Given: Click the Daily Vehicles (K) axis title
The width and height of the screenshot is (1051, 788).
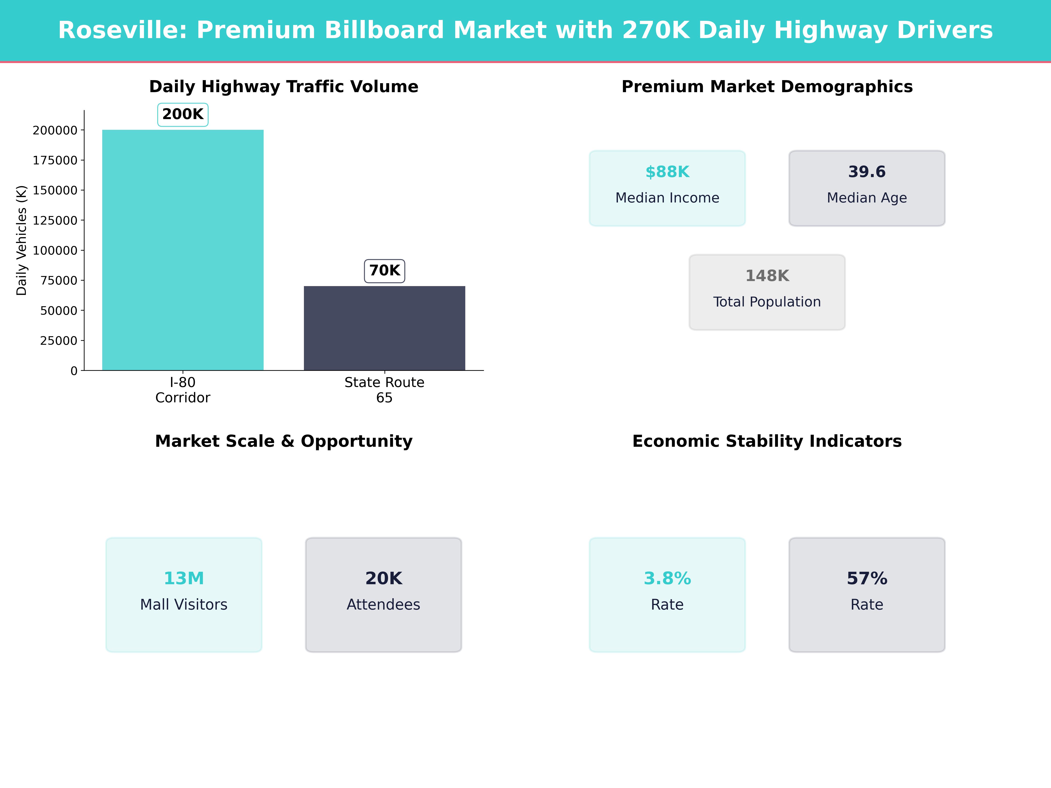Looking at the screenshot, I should [21, 240].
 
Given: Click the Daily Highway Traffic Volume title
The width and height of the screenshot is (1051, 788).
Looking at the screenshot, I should [284, 87].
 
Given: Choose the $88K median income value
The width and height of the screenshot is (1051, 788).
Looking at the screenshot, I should [667, 172].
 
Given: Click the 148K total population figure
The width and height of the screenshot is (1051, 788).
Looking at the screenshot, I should [767, 276].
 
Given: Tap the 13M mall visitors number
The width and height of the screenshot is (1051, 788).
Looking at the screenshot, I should [184, 579].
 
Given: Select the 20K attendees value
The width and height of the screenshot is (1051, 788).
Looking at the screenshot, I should [383, 579].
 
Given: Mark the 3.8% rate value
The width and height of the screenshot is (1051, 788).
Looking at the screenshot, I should [667, 579].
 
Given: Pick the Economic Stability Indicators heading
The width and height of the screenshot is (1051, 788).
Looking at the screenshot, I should [767, 441].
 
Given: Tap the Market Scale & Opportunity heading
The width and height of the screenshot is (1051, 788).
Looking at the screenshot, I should [284, 441].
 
